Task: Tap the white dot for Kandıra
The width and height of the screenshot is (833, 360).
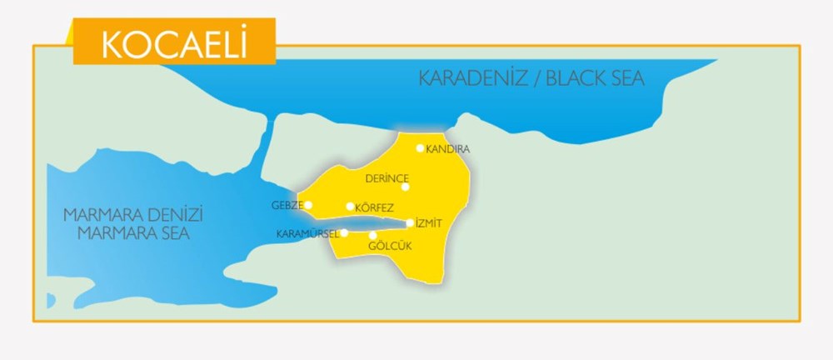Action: (x=421, y=148)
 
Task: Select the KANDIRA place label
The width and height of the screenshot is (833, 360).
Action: (x=448, y=149)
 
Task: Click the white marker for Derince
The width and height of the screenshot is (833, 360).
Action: (x=406, y=187)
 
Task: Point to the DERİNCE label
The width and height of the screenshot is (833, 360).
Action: (x=387, y=178)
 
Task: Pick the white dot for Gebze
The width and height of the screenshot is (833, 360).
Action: (x=308, y=205)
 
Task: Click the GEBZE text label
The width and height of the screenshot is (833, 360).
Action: (x=286, y=205)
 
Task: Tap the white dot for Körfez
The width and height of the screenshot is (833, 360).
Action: (x=350, y=207)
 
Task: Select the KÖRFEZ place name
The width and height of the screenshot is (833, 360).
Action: (x=374, y=207)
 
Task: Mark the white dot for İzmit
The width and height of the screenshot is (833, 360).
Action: (x=410, y=222)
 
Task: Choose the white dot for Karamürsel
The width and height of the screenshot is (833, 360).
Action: (x=344, y=233)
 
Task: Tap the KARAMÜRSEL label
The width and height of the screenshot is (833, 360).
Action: (x=307, y=234)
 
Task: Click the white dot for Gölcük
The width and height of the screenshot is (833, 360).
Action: (x=372, y=235)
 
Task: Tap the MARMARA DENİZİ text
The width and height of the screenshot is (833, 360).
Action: (x=133, y=215)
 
